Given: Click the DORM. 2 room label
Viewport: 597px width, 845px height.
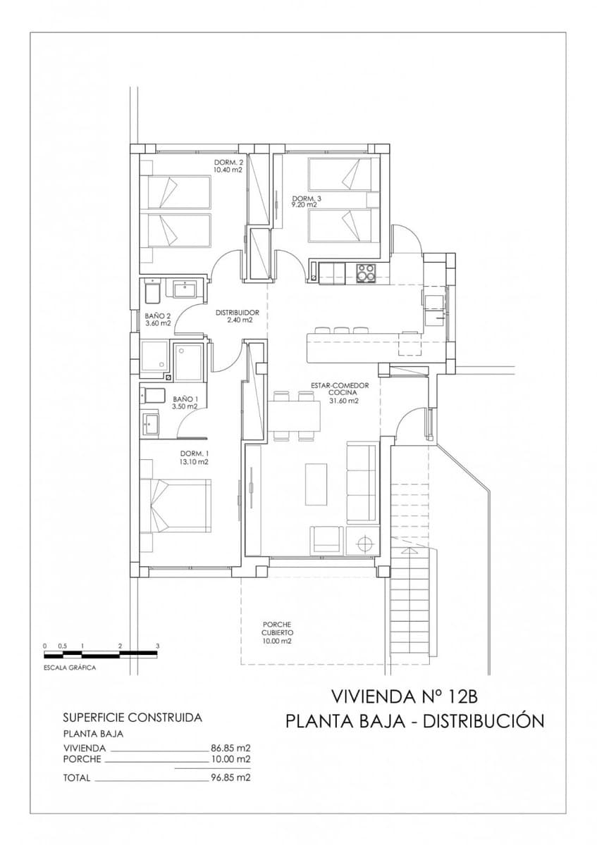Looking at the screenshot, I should (228, 163).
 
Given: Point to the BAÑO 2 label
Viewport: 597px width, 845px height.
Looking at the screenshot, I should (158, 316).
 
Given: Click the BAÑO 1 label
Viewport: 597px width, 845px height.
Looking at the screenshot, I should (186, 399).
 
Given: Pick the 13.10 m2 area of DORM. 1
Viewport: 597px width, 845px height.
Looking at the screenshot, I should (193, 462).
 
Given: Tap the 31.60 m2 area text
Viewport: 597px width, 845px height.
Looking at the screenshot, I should (344, 401).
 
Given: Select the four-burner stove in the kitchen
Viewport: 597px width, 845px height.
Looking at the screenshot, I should (366, 272).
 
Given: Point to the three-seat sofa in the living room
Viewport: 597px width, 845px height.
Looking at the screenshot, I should (362, 482).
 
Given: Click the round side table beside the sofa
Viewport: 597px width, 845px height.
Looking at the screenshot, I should (365, 543).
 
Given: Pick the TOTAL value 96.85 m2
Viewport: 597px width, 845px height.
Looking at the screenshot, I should (231, 778).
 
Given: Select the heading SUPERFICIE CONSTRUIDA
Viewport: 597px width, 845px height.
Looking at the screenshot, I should (133, 718).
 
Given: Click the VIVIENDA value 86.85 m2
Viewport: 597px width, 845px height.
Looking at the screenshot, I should (231, 748).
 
